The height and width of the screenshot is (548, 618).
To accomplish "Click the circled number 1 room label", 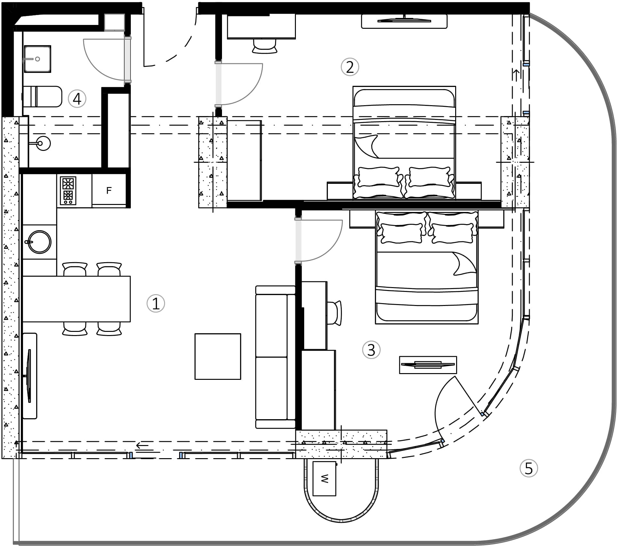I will pos(155,303).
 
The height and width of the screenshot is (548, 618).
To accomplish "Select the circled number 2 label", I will pos(350,67).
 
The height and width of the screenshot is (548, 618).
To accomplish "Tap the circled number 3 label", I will pos(371,350).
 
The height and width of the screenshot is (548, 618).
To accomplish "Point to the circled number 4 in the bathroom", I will pos(77,99).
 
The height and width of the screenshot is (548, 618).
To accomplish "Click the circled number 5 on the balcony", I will pos(528,468).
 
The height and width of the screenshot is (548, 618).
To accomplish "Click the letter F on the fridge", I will pos(109,191).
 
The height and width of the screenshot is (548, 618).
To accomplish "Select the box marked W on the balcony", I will pos(324,479).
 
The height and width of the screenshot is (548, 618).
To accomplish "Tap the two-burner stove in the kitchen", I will pos(68,191).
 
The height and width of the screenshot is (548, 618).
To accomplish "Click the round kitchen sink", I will pos(39,242).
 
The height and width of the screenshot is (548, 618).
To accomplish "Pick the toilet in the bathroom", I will pos(43,97).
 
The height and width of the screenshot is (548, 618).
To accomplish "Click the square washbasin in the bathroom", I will pos(37,59).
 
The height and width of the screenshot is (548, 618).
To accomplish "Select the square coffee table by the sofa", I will pos(218,356).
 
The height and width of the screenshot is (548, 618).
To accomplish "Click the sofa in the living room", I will pos(275,357).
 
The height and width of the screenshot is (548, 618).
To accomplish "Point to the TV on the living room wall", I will pos(29,376).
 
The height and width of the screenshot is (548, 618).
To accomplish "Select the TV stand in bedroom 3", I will pos(428,365).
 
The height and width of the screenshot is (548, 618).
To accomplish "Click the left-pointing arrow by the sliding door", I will pos(142,445).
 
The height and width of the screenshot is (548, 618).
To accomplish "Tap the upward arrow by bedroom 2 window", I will pos(516,74).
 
